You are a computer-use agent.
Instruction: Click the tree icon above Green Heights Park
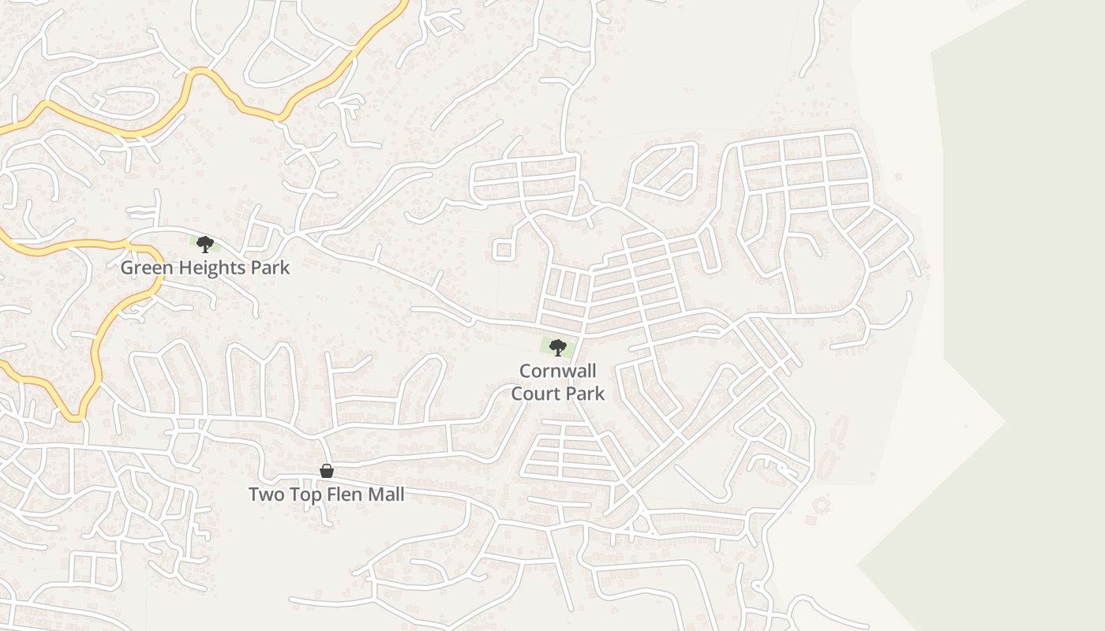[x=205, y=244]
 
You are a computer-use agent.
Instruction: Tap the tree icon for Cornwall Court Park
[x=557, y=347]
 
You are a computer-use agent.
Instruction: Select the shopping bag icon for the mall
[x=327, y=471]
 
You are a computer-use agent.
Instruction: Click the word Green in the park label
[x=144, y=267]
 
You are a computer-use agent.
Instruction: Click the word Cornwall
[x=557, y=371]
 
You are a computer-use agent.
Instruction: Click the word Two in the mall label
[x=264, y=495]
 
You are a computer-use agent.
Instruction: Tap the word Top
[x=304, y=495]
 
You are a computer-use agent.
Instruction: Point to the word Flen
[x=345, y=495]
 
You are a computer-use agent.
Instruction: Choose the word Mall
[x=387, y=495]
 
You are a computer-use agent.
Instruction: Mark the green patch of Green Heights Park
[x=194, y=241]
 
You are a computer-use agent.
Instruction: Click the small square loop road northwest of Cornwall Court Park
[x=503, y=250]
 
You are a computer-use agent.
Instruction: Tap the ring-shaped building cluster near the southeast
[x=822, y=503]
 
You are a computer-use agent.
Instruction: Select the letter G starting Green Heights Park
[x=126, y=267]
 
